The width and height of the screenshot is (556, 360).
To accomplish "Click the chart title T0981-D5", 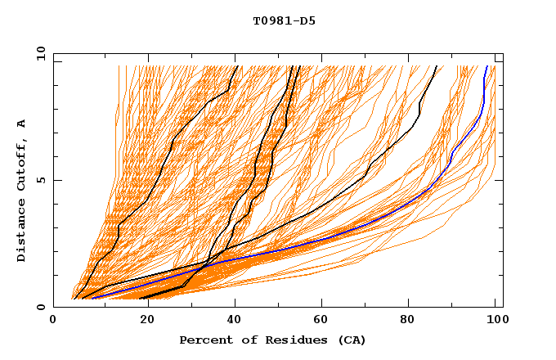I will (284, 21).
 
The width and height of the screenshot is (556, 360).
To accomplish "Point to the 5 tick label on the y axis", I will (40, 180).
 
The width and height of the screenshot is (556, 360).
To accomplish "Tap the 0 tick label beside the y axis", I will (40, 307).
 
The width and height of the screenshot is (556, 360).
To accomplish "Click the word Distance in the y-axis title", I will (21, 233).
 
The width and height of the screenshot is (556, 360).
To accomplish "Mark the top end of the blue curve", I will (487, 66).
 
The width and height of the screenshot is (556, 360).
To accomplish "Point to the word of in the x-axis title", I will (245, 340).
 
